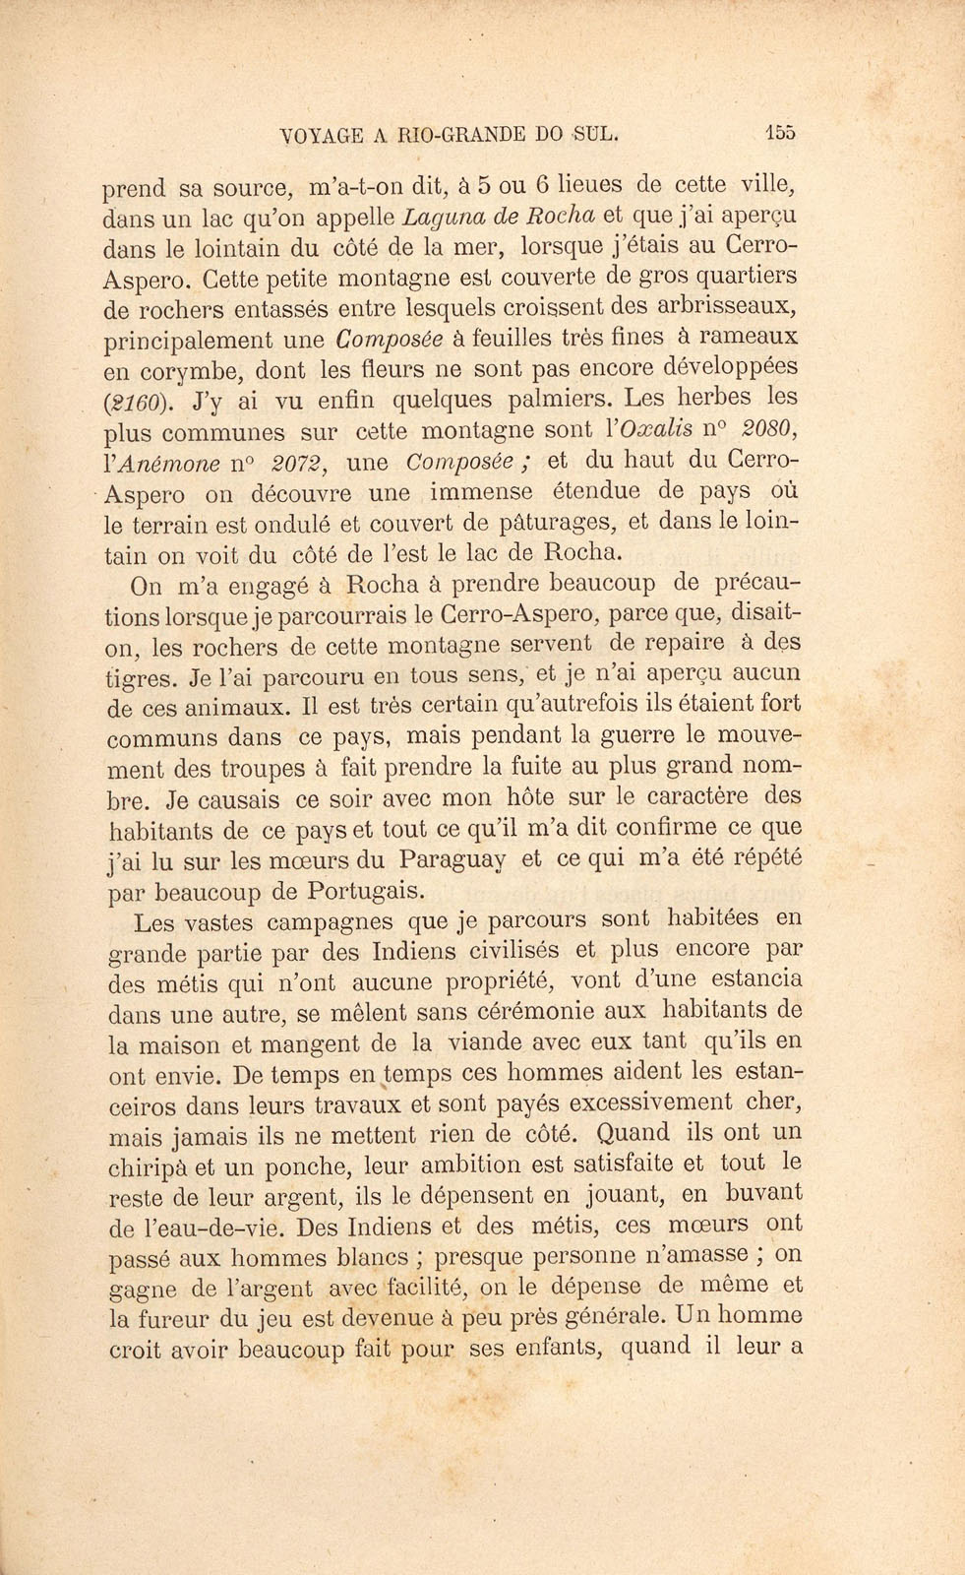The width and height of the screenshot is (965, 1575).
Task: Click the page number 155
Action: click(783, 135)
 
